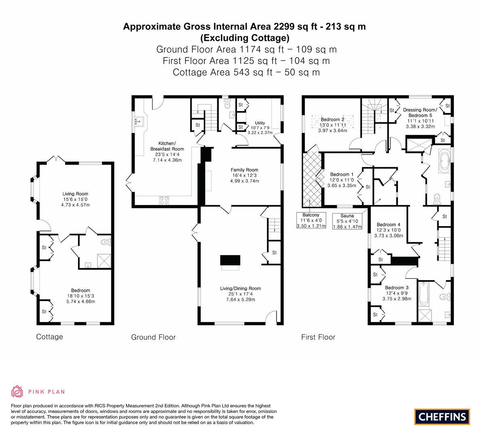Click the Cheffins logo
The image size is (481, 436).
tap(442, 417)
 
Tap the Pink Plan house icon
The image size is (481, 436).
tap(17, 391)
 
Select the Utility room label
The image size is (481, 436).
tap(260, 123)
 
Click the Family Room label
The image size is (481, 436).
tap(244, 170)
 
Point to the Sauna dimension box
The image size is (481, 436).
tap(347, 221)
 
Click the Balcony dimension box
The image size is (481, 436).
tap(311, 220)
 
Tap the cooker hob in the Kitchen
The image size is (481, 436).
tap(164, 200)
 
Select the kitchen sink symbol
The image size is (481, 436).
tap(139, 122)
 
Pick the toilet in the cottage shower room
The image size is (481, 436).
tap(106, 242)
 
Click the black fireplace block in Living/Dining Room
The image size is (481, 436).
tap(230, 260)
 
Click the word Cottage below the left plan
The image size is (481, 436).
tap(50, 337)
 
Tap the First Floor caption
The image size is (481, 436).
tap(318, 337)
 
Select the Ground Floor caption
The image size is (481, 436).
tap(153, 337)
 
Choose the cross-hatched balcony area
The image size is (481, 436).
tap(312, 179)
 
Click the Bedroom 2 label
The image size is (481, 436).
tap(332, 119)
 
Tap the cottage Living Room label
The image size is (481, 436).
tap(75, 194)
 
